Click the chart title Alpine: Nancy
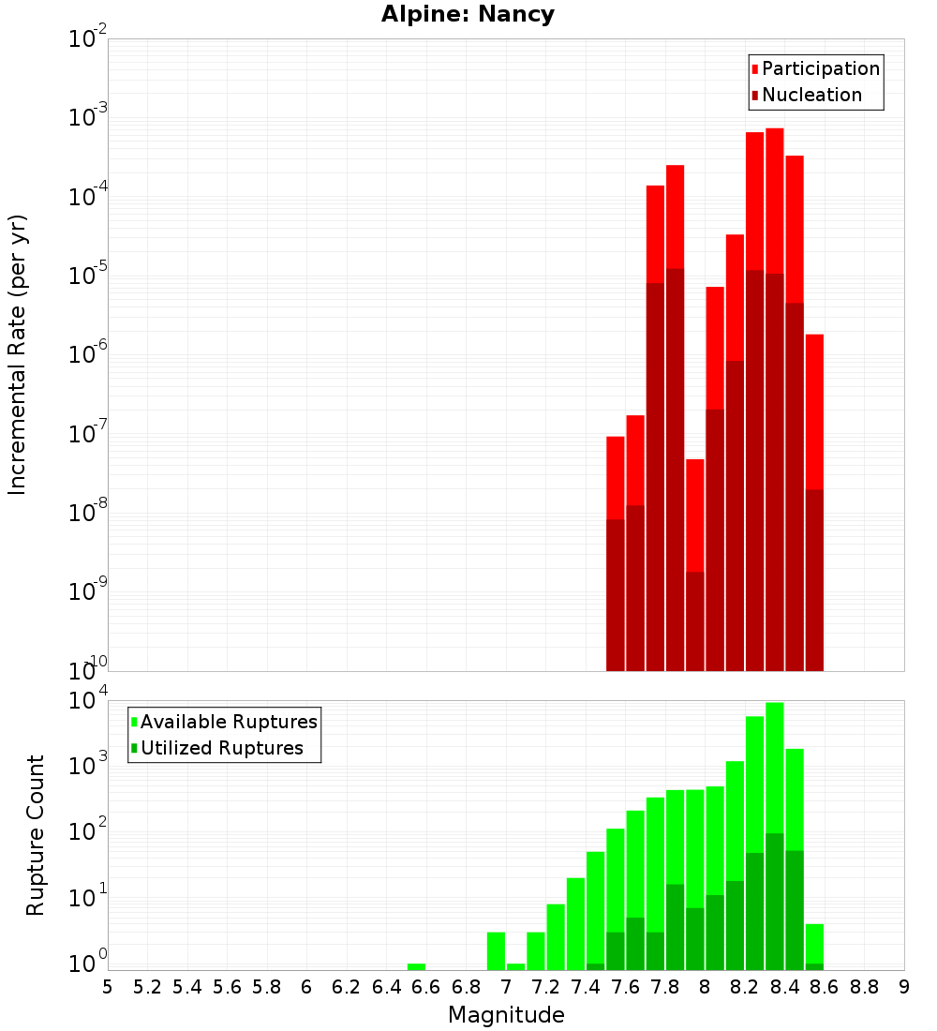pos(468,14)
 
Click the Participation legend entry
pos(815,68)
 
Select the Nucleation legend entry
pos(807,95)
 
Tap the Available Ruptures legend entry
pos(224,722)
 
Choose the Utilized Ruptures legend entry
pos(217,748)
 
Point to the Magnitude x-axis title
pos(506,1015)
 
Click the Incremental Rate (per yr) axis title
pos(17,355)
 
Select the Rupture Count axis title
pos(35,835)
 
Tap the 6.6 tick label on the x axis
pos(425,988)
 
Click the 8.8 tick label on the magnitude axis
pos(864,988)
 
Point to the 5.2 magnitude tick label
pos(147,988)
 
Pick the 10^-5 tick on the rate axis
pos(88,273)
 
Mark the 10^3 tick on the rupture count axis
pos(88,764)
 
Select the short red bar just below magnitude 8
pos(695,515)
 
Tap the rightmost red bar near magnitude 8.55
pos(814,412)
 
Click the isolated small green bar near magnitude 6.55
pos(416,966)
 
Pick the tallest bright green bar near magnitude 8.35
pos(775,768)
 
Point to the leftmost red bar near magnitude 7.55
pos(616,478)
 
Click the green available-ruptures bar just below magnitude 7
pos(496,950)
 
